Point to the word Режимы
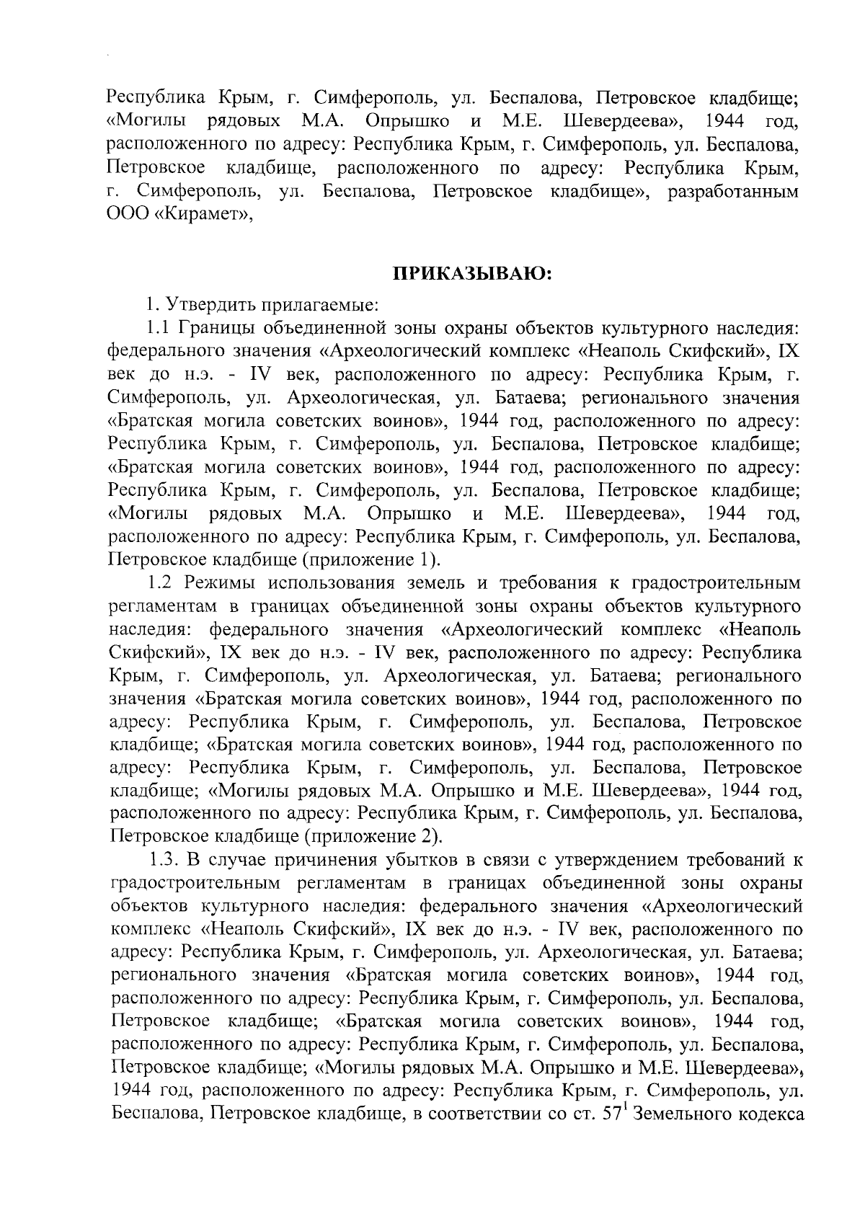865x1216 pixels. [218, 582]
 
